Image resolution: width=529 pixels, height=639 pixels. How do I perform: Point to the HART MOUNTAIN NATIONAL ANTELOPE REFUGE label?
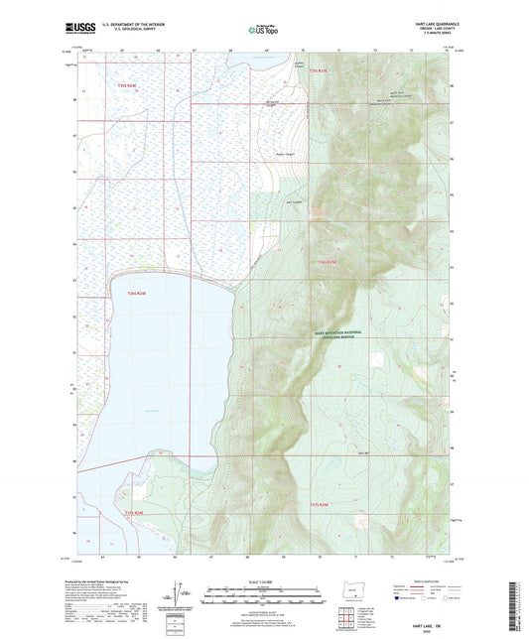tap(341, 334)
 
